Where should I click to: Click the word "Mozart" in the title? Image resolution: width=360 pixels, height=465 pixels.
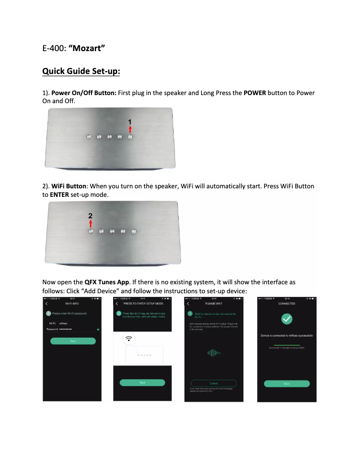[87, 48]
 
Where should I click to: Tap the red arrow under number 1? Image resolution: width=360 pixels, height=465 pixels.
[130, 129]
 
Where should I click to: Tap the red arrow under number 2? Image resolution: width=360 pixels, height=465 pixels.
[91, 223]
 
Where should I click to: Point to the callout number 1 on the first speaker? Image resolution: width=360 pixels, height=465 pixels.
[130, 122]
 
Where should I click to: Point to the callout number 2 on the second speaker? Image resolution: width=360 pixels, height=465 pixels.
[90, 215]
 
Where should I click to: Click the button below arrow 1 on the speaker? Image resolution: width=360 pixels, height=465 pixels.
[130, 137]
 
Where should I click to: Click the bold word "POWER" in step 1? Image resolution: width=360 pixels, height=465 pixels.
[255, 93]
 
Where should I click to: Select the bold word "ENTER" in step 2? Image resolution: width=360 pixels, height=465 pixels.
[59, 196]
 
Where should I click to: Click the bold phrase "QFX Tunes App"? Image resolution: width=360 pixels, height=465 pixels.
[107, 282]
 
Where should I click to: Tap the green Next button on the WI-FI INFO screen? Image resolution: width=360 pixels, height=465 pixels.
[73, 341]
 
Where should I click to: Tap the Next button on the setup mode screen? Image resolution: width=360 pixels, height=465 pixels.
[142, 382]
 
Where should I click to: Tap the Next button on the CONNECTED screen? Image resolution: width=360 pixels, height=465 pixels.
[286, 383]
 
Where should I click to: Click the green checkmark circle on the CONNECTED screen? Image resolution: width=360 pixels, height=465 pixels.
[286, 319]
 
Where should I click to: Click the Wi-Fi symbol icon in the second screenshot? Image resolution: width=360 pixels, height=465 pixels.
[129, 339]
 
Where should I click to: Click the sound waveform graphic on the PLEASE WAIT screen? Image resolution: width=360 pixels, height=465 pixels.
[214, 353]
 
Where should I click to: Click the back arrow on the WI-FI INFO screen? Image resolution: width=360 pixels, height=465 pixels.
[47, 304]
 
